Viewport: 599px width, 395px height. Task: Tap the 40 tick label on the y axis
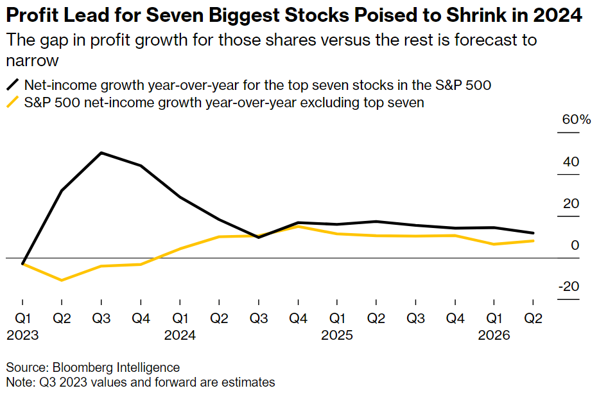pos(571,162)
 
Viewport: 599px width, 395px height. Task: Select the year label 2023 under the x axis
pos(22,335)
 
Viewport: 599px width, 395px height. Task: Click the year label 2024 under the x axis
pos(180,335)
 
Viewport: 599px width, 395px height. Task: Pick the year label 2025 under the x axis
pos(337,335)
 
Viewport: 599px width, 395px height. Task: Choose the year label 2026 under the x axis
pos(494,335)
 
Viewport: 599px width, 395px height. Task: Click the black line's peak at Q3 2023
pos(101,153)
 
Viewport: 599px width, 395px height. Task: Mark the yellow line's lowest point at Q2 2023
pos(62,280)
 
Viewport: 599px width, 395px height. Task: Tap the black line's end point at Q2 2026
pos(534,233)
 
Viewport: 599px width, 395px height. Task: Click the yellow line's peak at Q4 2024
pos(298,226)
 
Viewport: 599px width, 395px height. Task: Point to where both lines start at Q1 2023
pos(22,264)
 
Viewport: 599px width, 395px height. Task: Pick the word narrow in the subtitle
pos(31,60)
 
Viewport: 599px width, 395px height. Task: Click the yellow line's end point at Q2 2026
pos(534,241)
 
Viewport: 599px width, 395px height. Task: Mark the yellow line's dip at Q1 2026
pos(494,244)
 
